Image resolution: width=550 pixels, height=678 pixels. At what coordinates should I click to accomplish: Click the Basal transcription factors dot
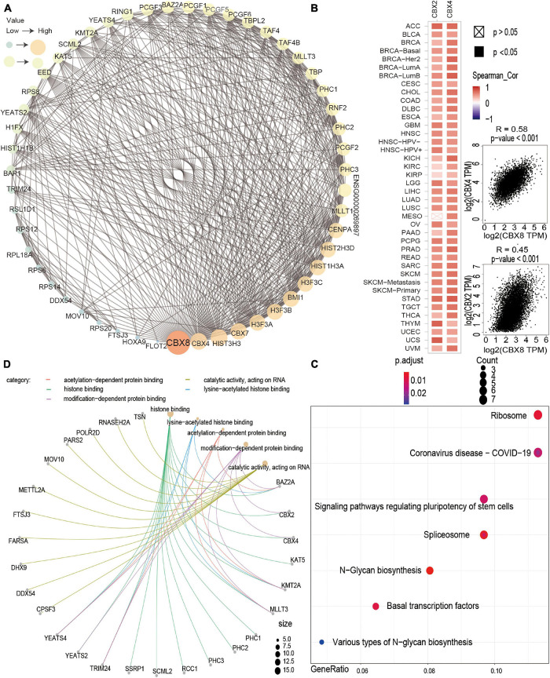tap(376, 606)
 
